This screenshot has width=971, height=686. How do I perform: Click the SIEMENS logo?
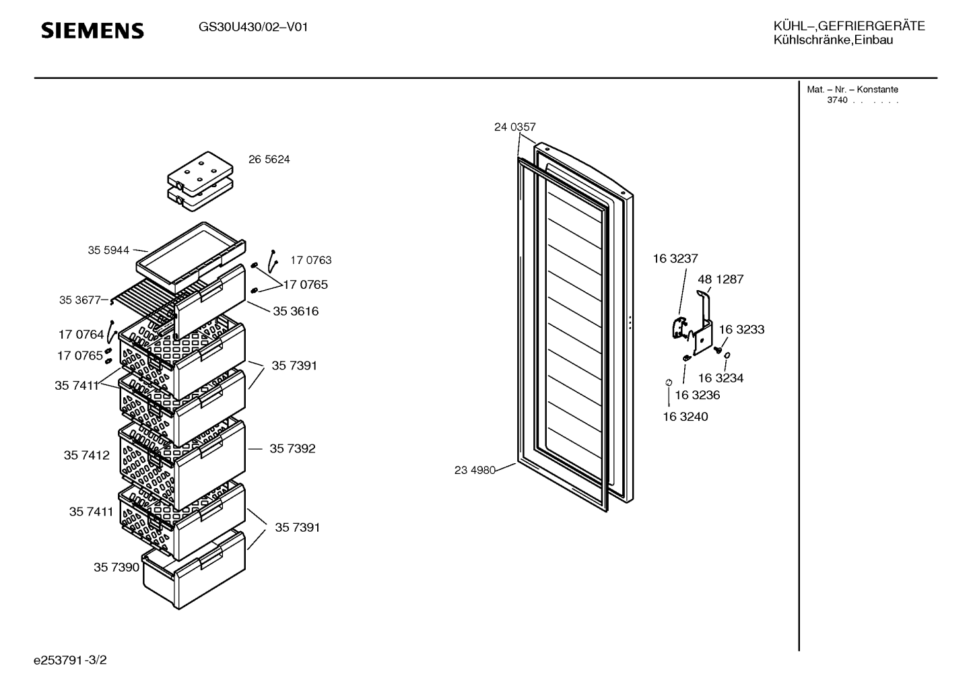pyautogui.click(x=92, y=31)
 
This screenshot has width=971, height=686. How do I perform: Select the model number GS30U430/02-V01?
pyautogui.click(x=253, y=28)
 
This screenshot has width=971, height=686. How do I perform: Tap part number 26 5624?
pyautogui.click(x=269, y=160)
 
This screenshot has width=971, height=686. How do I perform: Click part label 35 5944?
pyautogui.click(x=108, y=250)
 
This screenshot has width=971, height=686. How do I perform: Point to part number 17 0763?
pyautogui.click(x=311, y=260)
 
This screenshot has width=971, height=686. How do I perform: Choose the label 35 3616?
pyautogui.click(x=296, y=311)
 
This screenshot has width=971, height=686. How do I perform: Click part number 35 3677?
pyautogui.click(x=79, y=300)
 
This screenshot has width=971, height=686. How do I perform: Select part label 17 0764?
pyautogui.click(x=81, y=335)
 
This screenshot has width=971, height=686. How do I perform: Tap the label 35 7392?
pyautogui.click(x=293, y=448)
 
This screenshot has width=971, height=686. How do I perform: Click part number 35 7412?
pyautogui.click(x=87, y=455)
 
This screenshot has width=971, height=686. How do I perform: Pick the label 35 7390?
pyautogui.click(x=116, y=568)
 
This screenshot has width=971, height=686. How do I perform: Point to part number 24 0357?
pyautogui.click(x=515, y=127)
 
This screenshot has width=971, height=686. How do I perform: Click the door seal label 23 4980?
pyautogui.click(x=475, y=470)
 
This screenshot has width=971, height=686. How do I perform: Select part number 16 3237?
pyautogui.click(x=675, y=259)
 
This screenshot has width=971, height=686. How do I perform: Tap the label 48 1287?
pyautogui.click(x=721, y=279)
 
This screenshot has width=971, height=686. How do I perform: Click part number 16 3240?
pyautogui.click(x=685, y=417)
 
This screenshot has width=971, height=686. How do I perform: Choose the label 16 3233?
pyautogui.click(x=741, y=329)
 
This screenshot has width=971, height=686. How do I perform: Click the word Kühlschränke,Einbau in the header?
pyautogui.click(x=833, y=40)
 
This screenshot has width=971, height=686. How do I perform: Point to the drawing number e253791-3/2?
pyautogui.click(x=70, y=660)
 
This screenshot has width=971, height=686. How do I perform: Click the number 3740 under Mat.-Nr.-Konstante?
pyautogui.click(x=837, y=100)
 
